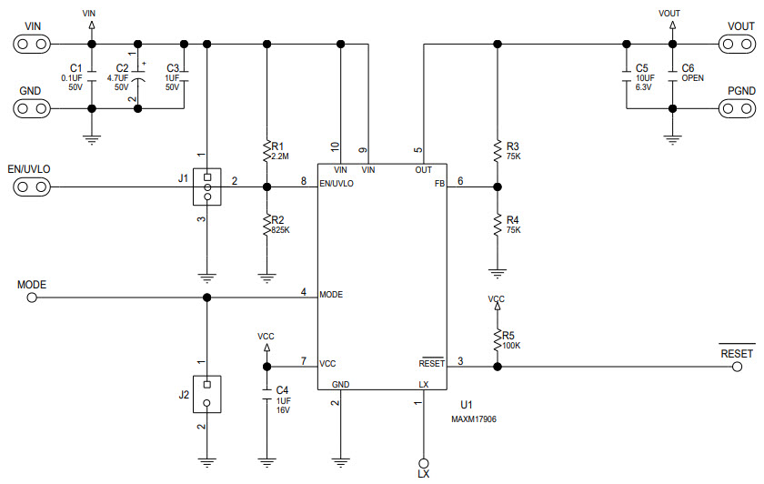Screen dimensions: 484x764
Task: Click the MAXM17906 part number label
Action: (473, 420)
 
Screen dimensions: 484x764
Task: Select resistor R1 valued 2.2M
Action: (266, 150)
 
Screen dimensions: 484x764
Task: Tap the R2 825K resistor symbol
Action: (266, 225)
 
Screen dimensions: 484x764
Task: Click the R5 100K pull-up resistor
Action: (497, 340)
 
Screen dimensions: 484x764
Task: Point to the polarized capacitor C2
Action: (138, 76)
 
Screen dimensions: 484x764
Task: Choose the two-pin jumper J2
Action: (207, 392)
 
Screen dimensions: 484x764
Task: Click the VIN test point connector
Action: (32, 43)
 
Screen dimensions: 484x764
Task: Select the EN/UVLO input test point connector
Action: (32, 187)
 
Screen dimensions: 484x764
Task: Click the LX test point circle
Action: (422, 461)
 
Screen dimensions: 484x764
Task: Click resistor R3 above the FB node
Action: (497, 150)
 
